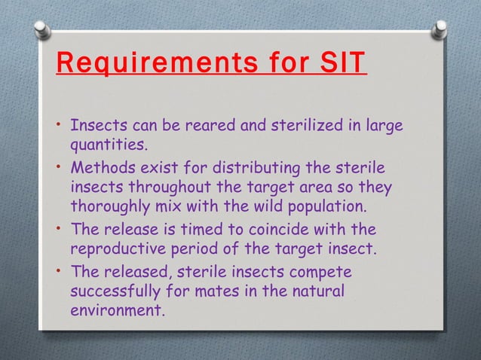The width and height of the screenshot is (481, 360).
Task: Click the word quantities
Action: click(x=107, y=143)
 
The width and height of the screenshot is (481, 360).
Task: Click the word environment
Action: click(x=116, y=309)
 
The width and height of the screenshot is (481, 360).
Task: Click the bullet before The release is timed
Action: click(x=59, y=228)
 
